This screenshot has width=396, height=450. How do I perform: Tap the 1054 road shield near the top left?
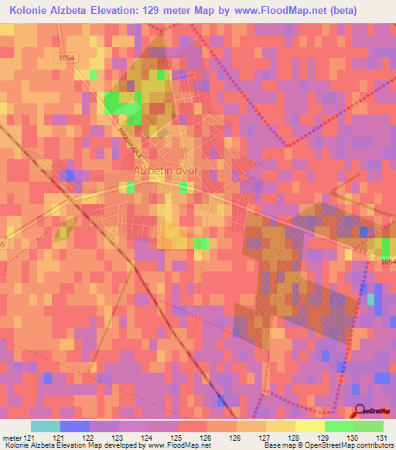point(67,57)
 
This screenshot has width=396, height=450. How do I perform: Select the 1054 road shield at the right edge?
point(386,262)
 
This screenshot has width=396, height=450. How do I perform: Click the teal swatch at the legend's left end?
point(45,425)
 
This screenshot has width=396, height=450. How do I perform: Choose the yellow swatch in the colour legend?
point(309,425)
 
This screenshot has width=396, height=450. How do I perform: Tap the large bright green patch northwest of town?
point(121,103)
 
